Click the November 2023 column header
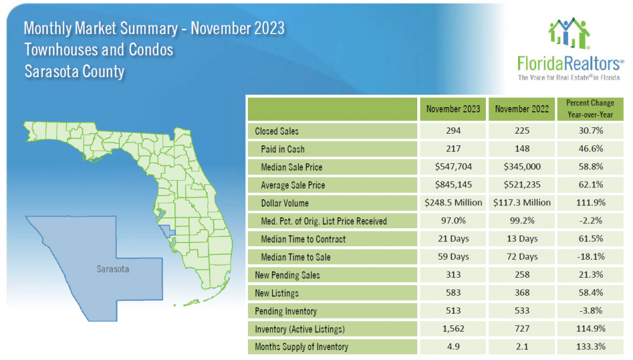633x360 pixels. (x=453, y=109)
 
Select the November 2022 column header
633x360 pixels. (x=522, y=109)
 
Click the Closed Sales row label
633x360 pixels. (x=276, y=131)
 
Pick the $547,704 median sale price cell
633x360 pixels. (x=453, y=167)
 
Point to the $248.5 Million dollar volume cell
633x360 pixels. (x=453, y=203)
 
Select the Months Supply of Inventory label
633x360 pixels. (x=302, y=346)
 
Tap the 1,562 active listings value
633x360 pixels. (x=453, y=328)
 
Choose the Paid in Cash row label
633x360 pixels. (x=283, y=149)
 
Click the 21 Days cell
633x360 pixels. (x=453, y=239)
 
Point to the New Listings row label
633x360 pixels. (x=277, y=293)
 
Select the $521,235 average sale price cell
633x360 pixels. (x=522, y=185)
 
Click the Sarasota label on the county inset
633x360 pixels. (x=113, y=269)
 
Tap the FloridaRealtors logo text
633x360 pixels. (x=570, y=63)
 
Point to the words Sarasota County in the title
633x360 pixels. (x=74, y=71)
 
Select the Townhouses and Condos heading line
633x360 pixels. (x=99, y=49)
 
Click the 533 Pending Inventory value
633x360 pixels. (x=522, y=311)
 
